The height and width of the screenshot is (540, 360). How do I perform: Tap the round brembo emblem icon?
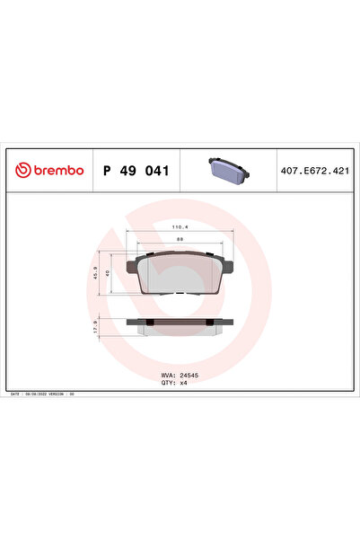(x=21, y=170)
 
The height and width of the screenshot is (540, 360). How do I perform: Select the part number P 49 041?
(x=136, y=170)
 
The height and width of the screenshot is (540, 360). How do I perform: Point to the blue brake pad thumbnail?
(x=229, y=169)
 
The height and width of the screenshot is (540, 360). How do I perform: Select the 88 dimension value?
(x=179, y=240)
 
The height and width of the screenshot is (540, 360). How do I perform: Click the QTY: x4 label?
(x=174, y=384)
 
